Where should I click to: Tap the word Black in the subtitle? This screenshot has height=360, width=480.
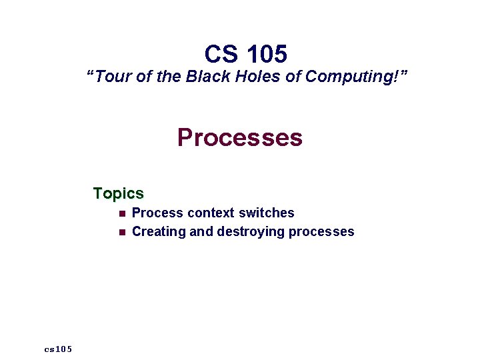coord(207,77)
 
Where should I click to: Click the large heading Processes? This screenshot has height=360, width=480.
coord(240,138)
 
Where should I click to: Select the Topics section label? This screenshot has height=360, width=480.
coord(118,193)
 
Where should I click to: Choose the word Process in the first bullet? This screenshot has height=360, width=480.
coord(157,213)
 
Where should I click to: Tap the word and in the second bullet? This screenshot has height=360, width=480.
coord(201,232)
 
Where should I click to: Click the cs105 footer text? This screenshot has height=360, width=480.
coord(59,349)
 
